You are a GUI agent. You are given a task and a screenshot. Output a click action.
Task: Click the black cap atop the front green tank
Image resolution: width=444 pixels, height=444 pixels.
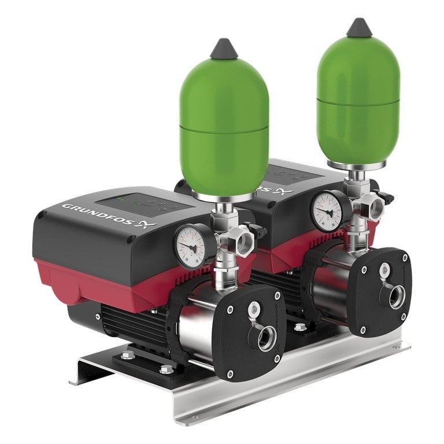pyautogui.click(x=224, y=50)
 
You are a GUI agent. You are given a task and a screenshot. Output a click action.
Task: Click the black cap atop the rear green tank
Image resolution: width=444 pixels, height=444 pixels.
pyautogui.click(x=359, y=27)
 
